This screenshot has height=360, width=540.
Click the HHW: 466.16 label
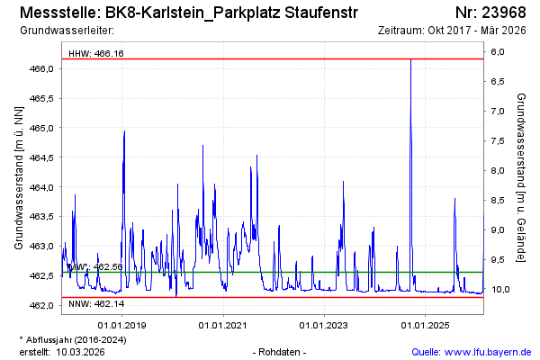tap(96, 54)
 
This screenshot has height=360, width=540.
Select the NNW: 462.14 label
tap(95, 306)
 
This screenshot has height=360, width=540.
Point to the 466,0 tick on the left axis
tap(44, 69)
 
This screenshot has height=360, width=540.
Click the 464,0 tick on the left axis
tap(44, 187)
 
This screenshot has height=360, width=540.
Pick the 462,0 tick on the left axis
tap(44, 305)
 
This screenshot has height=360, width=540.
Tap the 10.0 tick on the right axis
tap(498, 289)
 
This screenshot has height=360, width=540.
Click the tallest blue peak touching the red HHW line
tap(410, 61)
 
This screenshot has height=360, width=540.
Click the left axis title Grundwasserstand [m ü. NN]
tap(19, 177)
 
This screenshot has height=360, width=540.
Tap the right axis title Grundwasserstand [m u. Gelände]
tap(521, 177)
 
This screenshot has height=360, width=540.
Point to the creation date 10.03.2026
tap(80, 351)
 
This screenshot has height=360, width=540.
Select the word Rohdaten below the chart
tap(281, 351)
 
